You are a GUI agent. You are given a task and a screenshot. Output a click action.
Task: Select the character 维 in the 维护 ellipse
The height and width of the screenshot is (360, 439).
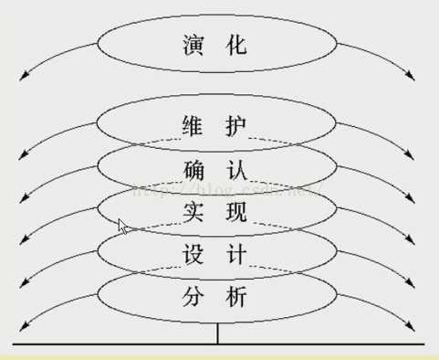point(191,123)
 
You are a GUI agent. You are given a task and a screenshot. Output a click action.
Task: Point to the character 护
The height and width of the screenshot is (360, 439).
point(236,123)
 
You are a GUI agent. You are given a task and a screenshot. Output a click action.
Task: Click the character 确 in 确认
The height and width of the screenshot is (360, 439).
point(191,169)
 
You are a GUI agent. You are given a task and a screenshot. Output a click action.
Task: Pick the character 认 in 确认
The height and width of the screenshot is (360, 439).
point(236,169)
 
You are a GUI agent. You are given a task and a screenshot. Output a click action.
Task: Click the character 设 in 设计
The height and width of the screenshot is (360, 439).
point(191,255)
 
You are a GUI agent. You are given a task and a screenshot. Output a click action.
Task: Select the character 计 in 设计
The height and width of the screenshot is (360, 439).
point(236,255)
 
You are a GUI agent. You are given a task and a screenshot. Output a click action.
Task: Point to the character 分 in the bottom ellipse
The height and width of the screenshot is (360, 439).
point(191,298)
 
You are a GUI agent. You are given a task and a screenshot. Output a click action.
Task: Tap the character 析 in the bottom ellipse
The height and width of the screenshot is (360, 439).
point(236,298)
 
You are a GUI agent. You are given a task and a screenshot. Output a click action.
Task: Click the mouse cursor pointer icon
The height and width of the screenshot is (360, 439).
point(123,227)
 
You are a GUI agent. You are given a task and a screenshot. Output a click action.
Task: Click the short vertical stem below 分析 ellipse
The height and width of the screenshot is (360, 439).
point(217,334)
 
